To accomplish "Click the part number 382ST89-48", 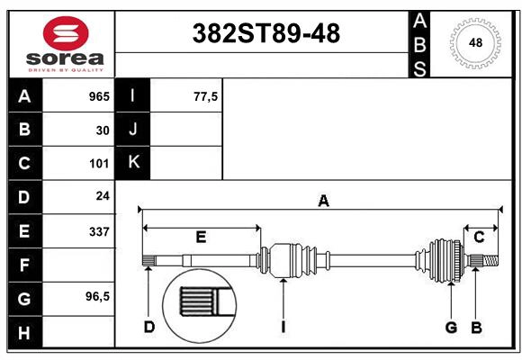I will [x=267, y=34].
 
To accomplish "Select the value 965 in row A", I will [x=99, y=96].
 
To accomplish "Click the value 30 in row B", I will [x=103, y=130].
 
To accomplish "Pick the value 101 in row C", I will [x=99, y=164].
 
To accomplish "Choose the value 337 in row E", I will [x=99, y=231].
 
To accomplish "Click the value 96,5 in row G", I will [x=97, y=297].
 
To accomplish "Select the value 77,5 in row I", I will [x=205, y=96].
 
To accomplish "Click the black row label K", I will [x=133, y=163].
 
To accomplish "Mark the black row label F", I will [x=24, y=265].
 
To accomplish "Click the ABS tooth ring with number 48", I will [x=474, y=42].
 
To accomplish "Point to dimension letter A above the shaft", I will [x=323, y=202].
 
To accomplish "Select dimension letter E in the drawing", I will [x=201, y=238].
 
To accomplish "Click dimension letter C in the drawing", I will [x=479, y=238].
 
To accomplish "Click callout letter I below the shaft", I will [x=283, y=327].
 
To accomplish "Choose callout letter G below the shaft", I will [x=452, y=327].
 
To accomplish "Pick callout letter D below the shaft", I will [x=149, y=327].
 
